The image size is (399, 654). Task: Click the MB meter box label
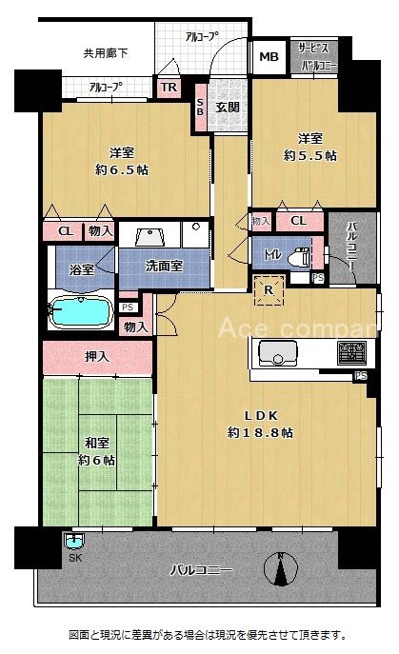click(x=269, y=57)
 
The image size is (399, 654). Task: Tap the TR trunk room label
click(x=170, y=88)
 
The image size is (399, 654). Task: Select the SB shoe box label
click(x=200, y=108)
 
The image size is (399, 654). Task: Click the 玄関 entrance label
click(x=228, y=108)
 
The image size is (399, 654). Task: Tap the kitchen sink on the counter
click(x=277, y=353)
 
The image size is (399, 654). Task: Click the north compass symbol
click(x=281, y=568)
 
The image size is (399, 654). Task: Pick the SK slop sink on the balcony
click(x=74, y=542)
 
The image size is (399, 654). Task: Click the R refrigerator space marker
click(x=269, y=290)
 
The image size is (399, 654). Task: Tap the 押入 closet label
click(x=97, y=357)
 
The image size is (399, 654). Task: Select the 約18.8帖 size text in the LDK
click(x=260, y=432)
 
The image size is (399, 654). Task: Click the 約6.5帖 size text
click(x=122, y=170)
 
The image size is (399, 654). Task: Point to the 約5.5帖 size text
click(x=310, y=155)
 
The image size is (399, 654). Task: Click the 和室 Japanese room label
click(x=97, y=443)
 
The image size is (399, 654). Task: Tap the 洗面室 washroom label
click(x=164, y=267)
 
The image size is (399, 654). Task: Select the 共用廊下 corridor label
click(x=106, y=53)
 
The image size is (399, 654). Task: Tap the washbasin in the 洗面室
click(x=150, y=236)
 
